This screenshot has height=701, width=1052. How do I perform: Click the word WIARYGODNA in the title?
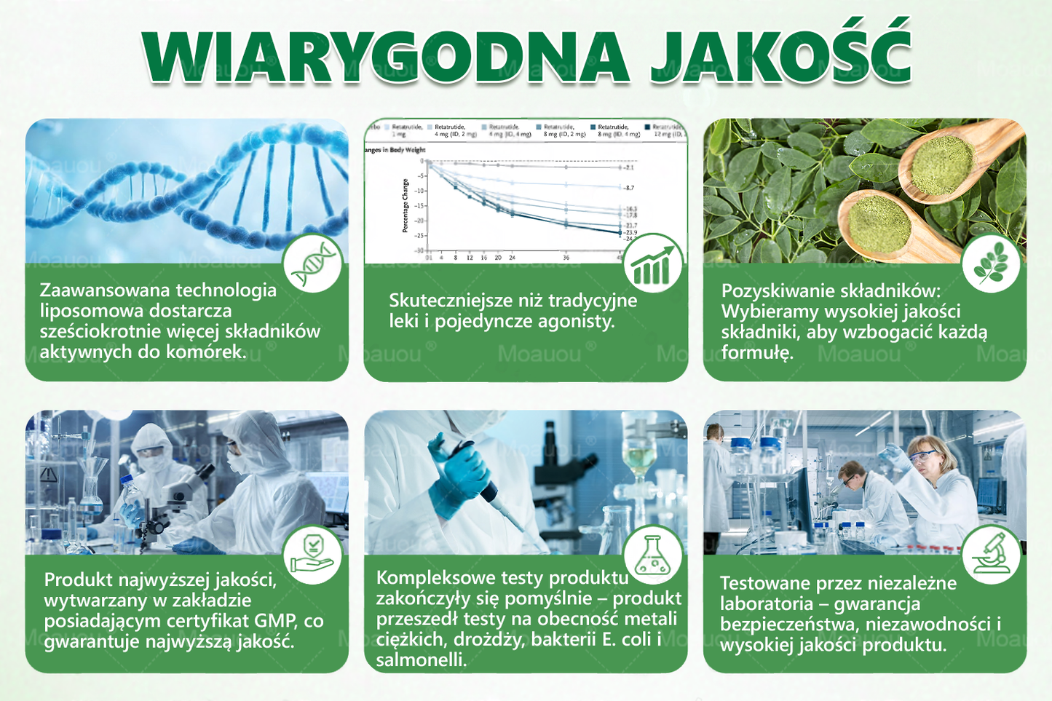coord(386,57)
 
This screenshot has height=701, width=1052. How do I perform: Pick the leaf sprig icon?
coord(990,264)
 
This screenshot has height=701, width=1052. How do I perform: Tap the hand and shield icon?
coord(312,555)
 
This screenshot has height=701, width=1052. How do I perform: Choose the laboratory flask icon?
coord(652,555)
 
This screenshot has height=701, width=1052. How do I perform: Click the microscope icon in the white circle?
coord(992,555)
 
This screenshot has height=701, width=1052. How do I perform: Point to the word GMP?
coord(276,621)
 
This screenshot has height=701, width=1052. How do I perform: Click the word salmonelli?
coord(422,660)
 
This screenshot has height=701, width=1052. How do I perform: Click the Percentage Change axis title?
coord(406,206)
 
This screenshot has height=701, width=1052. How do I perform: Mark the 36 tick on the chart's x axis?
coord(566,258)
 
